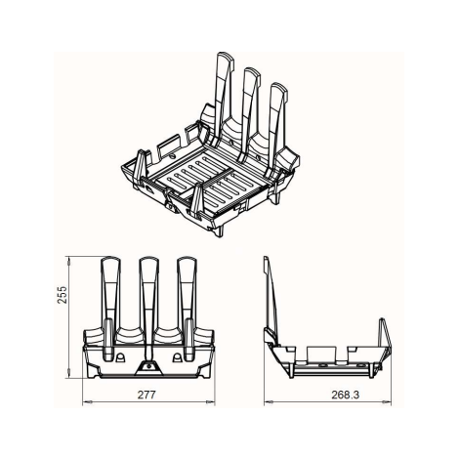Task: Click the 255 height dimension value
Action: tap(62, 294)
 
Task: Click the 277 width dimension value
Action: tap(146, 395)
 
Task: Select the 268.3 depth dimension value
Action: tap(346, 395)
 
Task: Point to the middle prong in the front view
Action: tap(149, 306)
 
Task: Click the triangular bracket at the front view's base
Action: tap(148, 368)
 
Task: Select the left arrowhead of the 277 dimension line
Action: tap(87, 402)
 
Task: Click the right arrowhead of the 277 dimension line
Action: tap(210, 402)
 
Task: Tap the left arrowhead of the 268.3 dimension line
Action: tap(269, 402)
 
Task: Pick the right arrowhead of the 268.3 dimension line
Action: tap(387, 402)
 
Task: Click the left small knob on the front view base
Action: tap(120, 357)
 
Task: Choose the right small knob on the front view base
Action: tap(177, 357)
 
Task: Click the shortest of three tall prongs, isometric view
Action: tap(277, 127)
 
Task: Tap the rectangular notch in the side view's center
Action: tap(321, 354)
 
